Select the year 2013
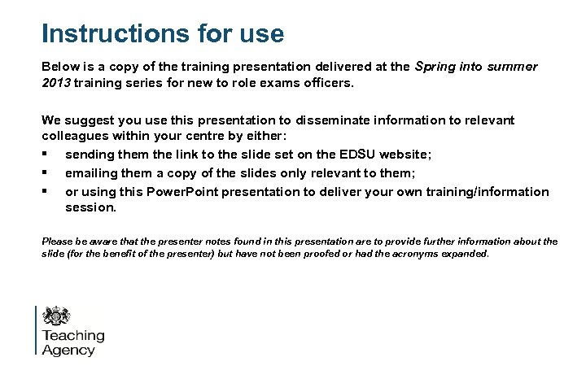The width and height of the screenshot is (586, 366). (x=58, y=83)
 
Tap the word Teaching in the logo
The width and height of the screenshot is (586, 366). (x=73, y=335)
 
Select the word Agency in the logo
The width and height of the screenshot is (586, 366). (x=68, y=351)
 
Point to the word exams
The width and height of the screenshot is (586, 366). (x=277, y=83)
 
